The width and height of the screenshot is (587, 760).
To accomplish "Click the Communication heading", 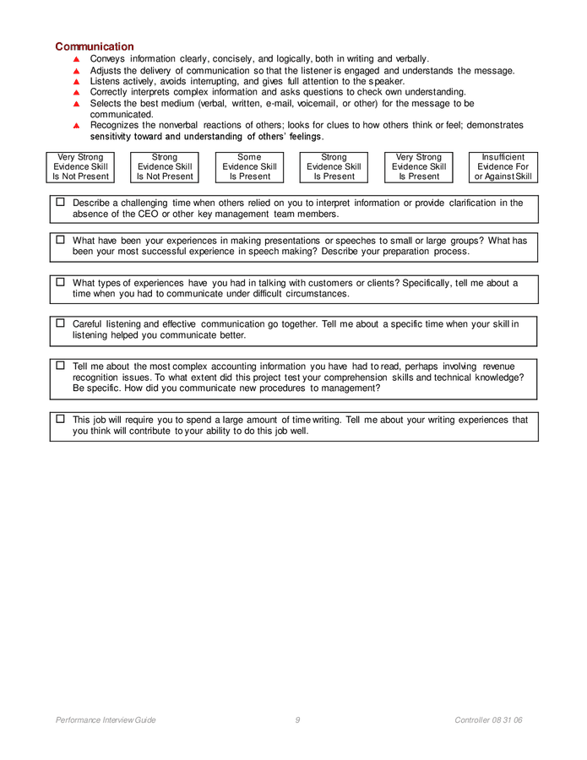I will [x=95, y=46].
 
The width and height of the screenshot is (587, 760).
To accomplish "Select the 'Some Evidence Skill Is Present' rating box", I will [x=249, y=167].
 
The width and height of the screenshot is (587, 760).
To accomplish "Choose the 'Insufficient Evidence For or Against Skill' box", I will [x=503, y=167].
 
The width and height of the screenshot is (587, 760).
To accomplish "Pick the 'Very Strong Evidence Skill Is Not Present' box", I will [x=80, y=167].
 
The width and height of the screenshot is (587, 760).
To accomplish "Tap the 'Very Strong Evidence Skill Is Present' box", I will [x=419, y=167].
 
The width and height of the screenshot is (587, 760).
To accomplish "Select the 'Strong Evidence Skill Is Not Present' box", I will [x=165, y=167].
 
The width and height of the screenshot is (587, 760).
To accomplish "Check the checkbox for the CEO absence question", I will [x=61, y=203].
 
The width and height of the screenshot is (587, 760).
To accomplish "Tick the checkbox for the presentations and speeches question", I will [x=61, y=240].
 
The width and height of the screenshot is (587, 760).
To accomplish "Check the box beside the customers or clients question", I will [x=61, y=282].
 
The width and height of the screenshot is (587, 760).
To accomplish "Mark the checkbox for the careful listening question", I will [x=61, y=323].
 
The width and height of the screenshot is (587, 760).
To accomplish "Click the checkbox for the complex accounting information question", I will [x=61, y=366].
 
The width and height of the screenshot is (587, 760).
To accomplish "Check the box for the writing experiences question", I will [x=61, y=419].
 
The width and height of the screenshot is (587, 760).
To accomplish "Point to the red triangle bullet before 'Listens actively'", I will [x=76, y=82].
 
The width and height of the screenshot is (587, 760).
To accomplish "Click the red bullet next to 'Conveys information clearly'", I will [x=76, y=59].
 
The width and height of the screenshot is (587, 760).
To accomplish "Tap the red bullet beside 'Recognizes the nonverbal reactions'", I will [x=76, y=126].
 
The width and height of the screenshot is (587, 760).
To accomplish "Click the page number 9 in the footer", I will [x=297, y=720].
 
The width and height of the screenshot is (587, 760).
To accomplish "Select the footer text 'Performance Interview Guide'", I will [x=106, y=720].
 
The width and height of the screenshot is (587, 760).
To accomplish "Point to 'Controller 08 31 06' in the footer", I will [x=488, y=720].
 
